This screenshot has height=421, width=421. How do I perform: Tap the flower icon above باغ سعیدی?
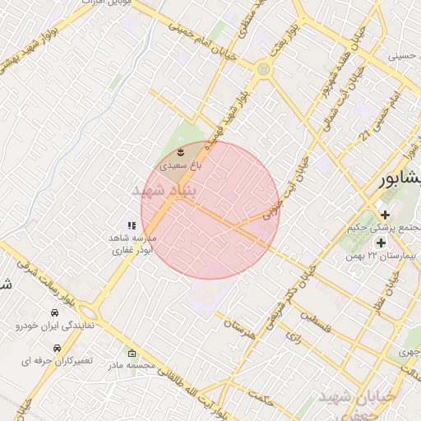click(182, 153)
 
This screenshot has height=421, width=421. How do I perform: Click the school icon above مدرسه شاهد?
click(130, 224)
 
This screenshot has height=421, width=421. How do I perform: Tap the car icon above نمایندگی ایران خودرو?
click(54, 313)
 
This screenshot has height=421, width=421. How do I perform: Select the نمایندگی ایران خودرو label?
click(55, 326)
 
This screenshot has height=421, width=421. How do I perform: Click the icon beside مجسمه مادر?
click(133, 354)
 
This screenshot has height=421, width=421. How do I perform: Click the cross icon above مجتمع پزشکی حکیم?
click(385, 214)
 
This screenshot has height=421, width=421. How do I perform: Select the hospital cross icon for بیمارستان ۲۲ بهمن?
click(380, 243)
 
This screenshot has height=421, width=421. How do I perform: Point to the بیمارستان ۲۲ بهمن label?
click(384, 256)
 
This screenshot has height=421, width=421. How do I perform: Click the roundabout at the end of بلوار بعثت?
click(263, 69)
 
